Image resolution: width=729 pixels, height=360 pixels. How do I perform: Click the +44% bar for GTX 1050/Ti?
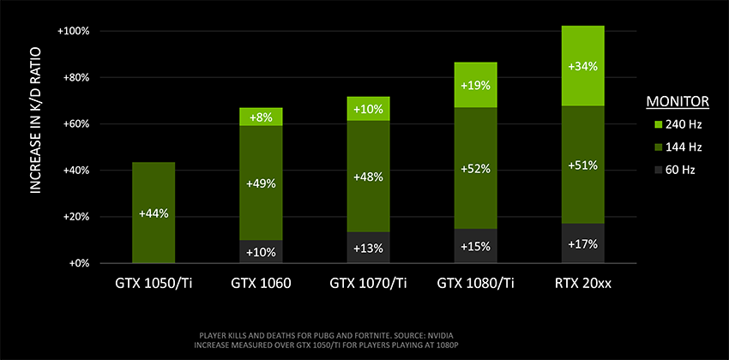point(154,213)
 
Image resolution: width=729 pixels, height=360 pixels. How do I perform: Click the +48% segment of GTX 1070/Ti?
point(368,177)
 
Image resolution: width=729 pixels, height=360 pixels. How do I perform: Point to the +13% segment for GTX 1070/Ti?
point(368,249)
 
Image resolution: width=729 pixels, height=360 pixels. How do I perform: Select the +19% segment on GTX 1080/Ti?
point(474,86)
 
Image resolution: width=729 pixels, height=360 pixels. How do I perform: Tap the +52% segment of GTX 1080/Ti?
point(474,169)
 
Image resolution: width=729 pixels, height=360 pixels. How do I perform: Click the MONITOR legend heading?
point(677,101)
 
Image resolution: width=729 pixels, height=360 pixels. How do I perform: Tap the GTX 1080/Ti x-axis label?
point(474,280)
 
